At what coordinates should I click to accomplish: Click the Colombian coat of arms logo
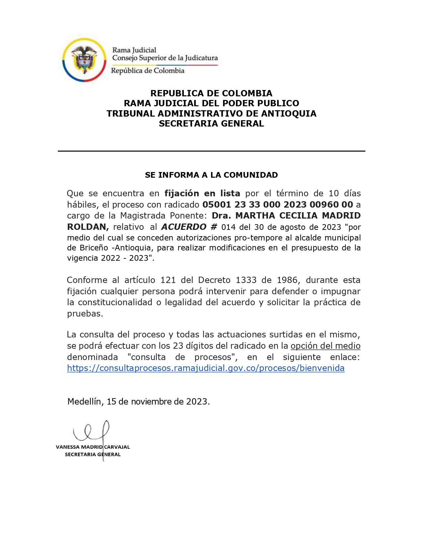[x=84, y=60]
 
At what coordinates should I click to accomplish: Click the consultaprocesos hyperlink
[x=206, y=368]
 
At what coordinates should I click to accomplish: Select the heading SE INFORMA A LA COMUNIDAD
[x=211, y=175]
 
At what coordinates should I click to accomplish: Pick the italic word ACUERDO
[x=184, y=227]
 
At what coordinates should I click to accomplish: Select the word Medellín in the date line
[x=84, y=402]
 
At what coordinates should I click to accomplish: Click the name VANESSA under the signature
[x=67, y=447]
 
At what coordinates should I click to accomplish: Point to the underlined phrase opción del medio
[x=325, y=346]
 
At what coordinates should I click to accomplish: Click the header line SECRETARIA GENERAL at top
[x=211, y=124]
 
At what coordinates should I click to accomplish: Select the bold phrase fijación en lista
[x=202, y=193]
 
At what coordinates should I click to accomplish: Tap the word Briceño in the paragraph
[x=94, y=248]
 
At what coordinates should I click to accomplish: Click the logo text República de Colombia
[x=148, y=71]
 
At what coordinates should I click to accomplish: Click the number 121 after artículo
[x=168, y=280]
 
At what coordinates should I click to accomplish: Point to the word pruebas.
[x=85, y=314]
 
